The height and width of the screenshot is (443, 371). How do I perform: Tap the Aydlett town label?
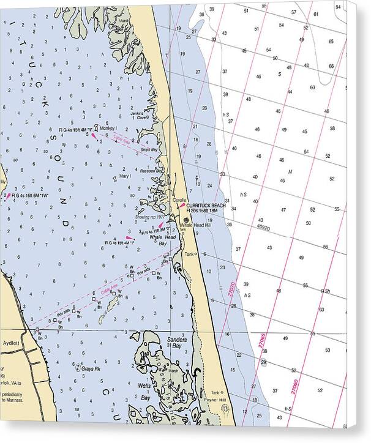click(x=12, y=343)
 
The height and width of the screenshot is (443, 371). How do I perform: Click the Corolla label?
click(x=179, y=200)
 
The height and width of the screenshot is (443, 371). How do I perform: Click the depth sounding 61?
click(x=316, y=13)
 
